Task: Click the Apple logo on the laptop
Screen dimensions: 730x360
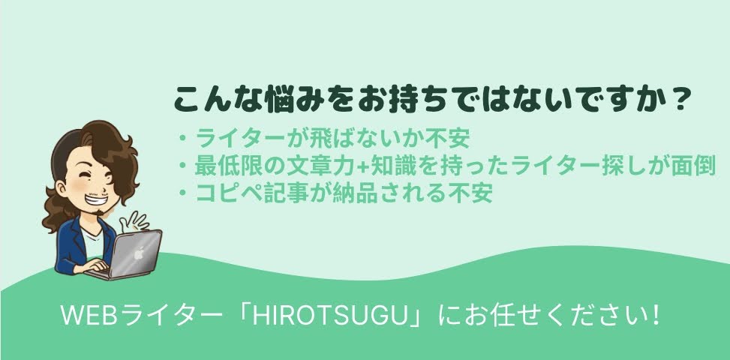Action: pos(137,255)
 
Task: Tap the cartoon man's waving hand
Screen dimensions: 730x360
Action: pos(134,221)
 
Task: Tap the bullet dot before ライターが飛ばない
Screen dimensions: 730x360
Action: pos(183,139)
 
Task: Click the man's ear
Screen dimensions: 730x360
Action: pos(63,188)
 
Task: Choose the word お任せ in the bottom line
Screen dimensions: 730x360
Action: pos(489,316)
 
